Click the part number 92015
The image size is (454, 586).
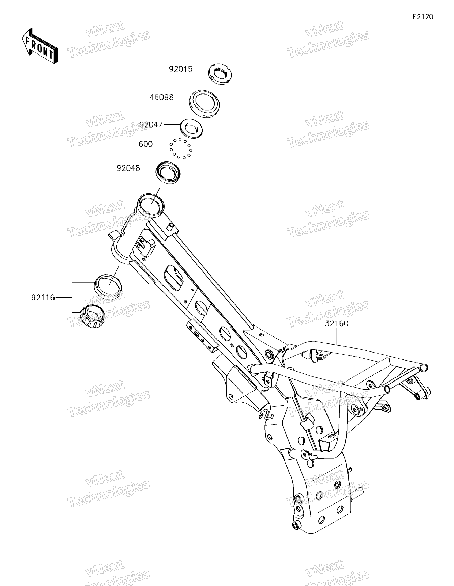pyautogui.click(x=180, y=69)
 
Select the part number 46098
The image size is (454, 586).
pyautogui.click(x=161, y=97)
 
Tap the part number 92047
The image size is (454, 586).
pyautogui.click(x=151, y=125)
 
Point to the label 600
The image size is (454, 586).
pyautogui.click(x=146, y=144)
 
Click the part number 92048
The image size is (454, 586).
pyautogui.click(x=128, y=168)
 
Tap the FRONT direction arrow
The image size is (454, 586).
pyautogui.click(x=39, y=46)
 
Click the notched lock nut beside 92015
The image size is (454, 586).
pyautogui.click(x=220, y=73)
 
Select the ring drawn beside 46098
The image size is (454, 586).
pyautogui.click(x=204, y=103)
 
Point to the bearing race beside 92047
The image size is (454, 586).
pyautogui.click(x=191, y=129)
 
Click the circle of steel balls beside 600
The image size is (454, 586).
pyautogui.click(x=181, y=148)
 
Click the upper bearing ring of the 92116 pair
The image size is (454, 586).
pyautogui.click(x=108, y=285)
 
